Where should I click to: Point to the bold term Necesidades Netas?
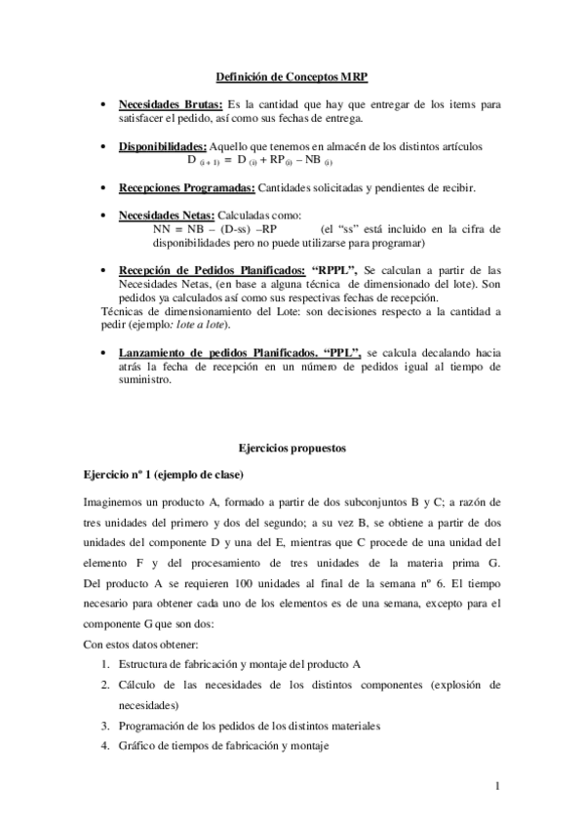tap(167, 215)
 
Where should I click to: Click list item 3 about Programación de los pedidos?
tap(249, 727)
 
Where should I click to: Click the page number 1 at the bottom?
tap(497, 786)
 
